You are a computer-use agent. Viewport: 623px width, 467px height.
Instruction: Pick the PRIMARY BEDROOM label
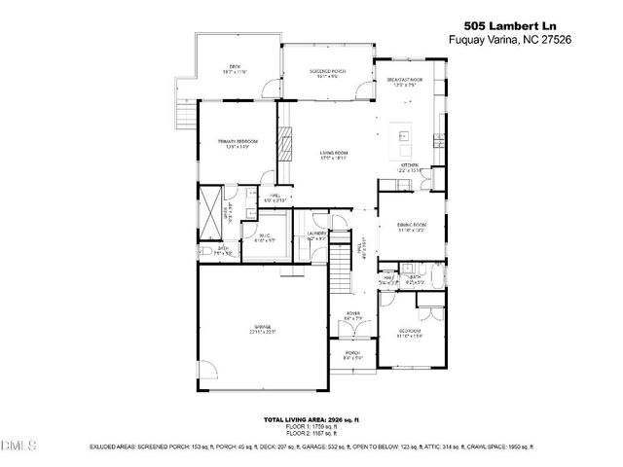point(238,143)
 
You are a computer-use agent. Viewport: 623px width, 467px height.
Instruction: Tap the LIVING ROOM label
point(334,153)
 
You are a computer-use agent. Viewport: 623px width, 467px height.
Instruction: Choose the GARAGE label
point(262,328)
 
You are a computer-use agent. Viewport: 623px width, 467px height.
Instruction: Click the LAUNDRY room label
point(315,233)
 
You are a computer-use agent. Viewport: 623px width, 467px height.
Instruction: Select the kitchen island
point(401,142)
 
